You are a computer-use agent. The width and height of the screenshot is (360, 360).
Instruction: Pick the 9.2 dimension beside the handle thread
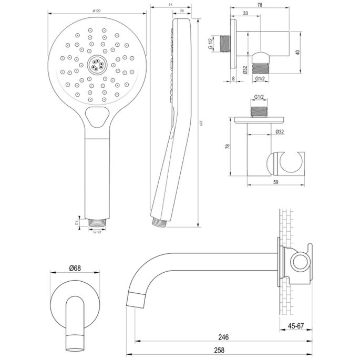click(x=77, y=222)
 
